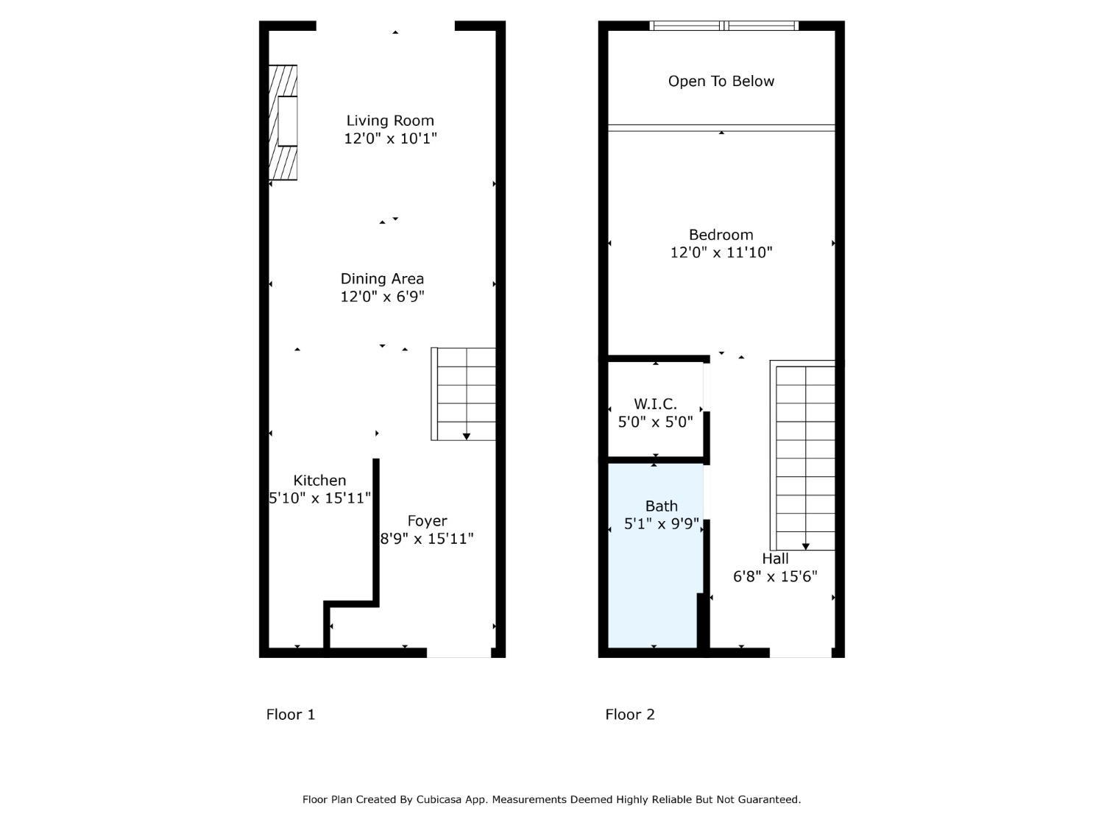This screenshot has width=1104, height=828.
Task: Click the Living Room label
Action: tap(390, 121)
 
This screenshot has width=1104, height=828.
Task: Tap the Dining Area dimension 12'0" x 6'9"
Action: tap(382, 297)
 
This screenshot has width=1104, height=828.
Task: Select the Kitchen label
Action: tap(319, 481)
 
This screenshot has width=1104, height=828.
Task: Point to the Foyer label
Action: tap(427, 521)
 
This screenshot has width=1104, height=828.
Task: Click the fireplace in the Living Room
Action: tap(283, 122)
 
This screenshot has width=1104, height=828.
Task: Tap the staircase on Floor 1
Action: tap(464, 394)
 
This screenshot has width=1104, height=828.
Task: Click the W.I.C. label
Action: tap(655, 404)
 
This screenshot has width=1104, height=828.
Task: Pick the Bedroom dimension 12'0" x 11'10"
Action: tap(721, 252)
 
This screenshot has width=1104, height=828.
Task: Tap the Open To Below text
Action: tap(721, 82)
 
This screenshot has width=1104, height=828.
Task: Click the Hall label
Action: tap(775, 559)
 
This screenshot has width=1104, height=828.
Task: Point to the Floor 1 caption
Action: tap(291, 714)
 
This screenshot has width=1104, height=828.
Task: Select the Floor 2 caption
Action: tap(630, 714)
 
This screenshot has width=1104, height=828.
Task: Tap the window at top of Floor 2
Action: tap(724, 26)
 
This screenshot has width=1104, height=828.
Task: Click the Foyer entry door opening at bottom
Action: tap(459, 653)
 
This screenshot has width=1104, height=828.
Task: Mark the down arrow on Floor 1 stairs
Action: tap(467, 436)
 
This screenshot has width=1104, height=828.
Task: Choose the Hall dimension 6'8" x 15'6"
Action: tap(775, 576)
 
